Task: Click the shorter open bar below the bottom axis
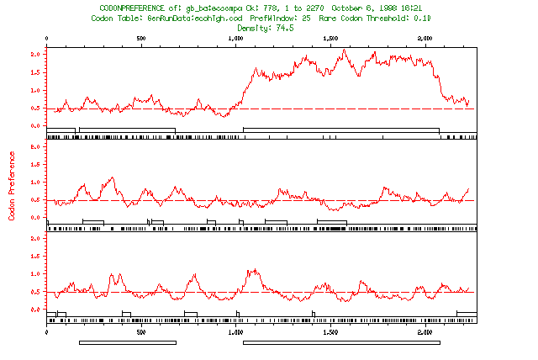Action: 128,342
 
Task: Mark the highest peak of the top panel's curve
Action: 345,50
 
